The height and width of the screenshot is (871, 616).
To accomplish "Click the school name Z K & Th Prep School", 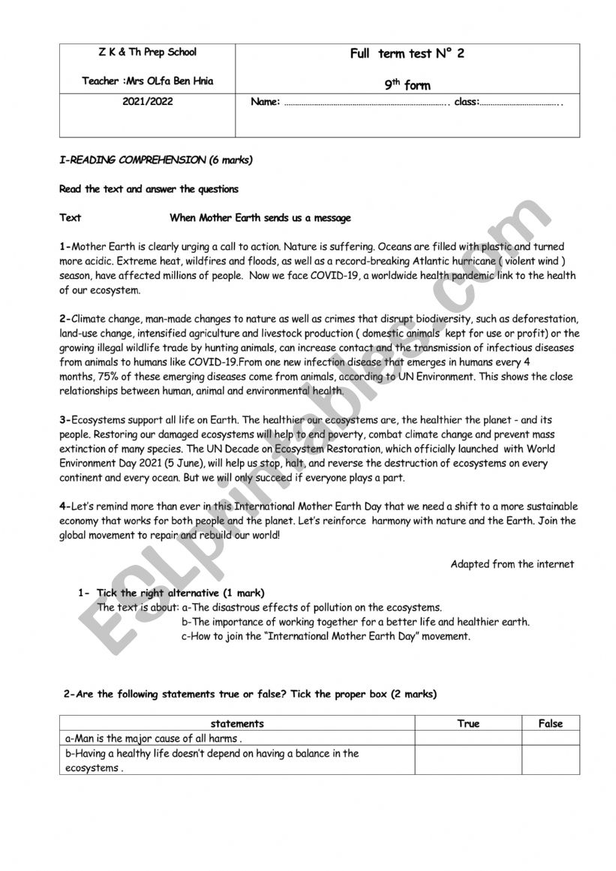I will click(x=147, y=53).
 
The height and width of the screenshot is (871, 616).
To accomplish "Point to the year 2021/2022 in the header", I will click(x=147, y=101).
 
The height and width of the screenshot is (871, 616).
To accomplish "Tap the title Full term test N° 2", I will click(x=407, y=54).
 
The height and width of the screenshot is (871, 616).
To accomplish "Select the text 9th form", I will click(x=407, y=86).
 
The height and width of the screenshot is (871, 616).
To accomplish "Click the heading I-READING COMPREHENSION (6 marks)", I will click(x=156, y=160).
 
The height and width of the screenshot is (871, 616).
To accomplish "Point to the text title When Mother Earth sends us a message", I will click(x=260, y=218).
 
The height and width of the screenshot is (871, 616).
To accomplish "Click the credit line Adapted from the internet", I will click(x=512, y=564).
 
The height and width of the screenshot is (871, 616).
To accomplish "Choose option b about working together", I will click(x=356, y=622).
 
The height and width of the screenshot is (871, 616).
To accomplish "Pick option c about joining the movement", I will click(x=326, y=636).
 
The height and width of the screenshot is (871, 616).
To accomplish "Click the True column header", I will click(x=468, y=724).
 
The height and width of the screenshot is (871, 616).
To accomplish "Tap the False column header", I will click(x=550, y=724).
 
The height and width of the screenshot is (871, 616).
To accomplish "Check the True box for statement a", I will click(x=468, y=739).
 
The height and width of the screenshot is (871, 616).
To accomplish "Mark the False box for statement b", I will click(x=550, y=761).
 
